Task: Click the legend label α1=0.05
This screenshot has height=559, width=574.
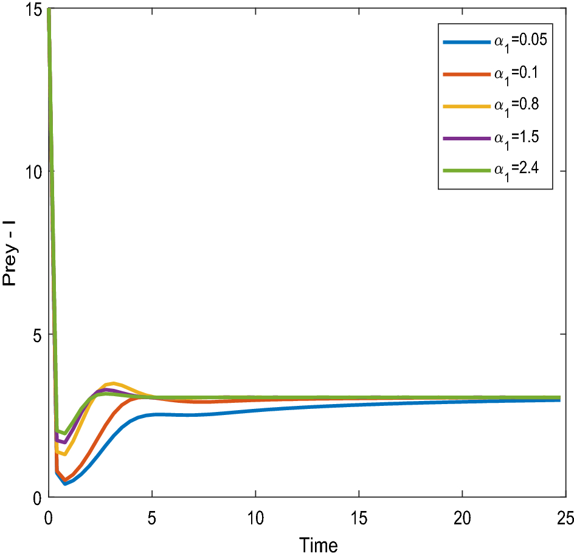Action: (x=520, y=42)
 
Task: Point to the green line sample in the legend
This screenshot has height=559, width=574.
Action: (x=466, y=171)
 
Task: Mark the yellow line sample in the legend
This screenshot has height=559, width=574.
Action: (x=466, y=106)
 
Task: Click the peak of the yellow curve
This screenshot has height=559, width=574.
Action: (x=113, y=383)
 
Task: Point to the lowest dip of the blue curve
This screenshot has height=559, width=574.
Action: (x=65, y=484)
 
